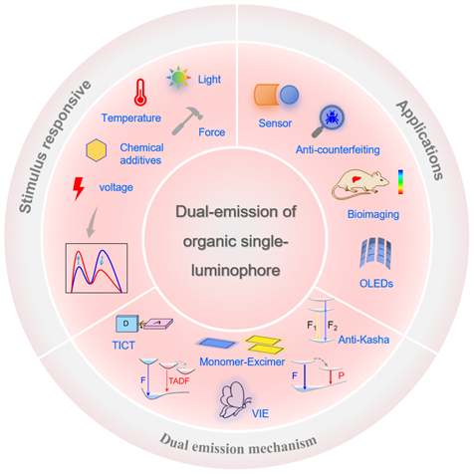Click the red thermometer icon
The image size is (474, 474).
[x=140, y=93]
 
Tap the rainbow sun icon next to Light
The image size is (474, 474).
[x=178, y=78]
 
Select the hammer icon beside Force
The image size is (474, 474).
[x=187, y=120]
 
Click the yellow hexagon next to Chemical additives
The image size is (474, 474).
[x=97, y=150]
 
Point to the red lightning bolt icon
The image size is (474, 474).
[x=79, y=188]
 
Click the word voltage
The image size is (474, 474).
[x=116, y=187]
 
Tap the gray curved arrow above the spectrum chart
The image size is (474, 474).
[x=92, y=222]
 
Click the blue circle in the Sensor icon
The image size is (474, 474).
[x=289, y=95]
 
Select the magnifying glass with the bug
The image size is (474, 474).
[x=328, y=121]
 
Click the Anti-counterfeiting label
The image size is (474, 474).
[x=338, y=149]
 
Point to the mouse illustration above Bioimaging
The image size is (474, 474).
[x=360, y=184]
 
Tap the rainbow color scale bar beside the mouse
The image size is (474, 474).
[x=401, y=182]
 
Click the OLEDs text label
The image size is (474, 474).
[x=376, y=284]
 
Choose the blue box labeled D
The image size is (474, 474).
[x=126, y=324]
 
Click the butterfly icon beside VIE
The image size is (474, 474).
[x=234, y=399]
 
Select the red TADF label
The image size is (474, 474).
[x=179, y=380]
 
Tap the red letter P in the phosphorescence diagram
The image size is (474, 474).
[x=342, y=375]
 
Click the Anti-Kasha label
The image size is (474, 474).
[x=363, y=340]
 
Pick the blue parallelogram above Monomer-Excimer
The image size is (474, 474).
[x=217, y=344]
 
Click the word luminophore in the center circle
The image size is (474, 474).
[x=236, y=271]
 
